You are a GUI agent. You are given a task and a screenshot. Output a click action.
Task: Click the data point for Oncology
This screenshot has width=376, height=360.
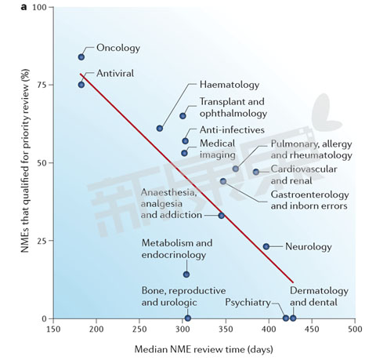click(81, 57)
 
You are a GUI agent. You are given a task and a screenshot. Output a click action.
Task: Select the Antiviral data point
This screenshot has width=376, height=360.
click(81, 85)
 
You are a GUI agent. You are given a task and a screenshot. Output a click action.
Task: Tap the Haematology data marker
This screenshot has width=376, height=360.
click(160, 128)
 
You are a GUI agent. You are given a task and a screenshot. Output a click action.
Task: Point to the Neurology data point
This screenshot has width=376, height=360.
click(266, 246)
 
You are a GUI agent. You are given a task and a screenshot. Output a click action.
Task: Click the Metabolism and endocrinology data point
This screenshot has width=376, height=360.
click(186, 274)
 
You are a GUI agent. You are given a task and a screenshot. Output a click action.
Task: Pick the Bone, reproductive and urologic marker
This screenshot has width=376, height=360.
click(188, 318)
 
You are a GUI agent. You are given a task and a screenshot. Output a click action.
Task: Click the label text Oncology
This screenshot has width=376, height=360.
click(117, 48)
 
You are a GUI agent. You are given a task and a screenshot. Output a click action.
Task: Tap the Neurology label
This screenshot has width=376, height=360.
click(309, 246)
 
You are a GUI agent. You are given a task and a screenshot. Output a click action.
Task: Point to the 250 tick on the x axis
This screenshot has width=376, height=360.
click(139, 330)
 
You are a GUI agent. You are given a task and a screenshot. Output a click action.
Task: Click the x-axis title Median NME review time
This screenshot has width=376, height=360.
click(204, 349)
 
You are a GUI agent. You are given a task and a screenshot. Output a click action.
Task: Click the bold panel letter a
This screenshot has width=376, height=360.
click(5, 6)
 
